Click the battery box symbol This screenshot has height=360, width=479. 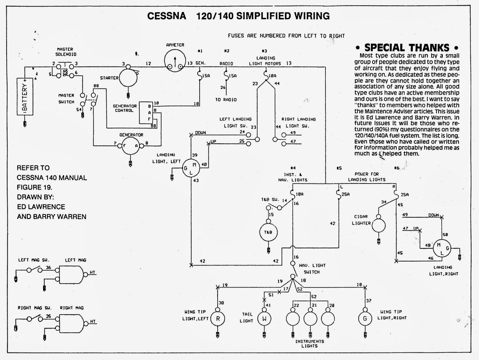coord(25,96)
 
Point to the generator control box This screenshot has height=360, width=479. coord(145,112)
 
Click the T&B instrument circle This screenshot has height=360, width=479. coord(268,232)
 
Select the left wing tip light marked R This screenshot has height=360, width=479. coord(218,319)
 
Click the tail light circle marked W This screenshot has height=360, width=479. coord(264,319)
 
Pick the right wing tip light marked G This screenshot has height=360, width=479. coord(365,319)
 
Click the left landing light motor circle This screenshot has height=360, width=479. coord(191,169)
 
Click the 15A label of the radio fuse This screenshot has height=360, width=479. coord(233,76)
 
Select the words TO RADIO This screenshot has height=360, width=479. coord(226,100)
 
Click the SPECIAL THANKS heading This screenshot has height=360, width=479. coord(407,48)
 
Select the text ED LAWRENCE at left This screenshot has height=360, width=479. coord(41,207)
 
